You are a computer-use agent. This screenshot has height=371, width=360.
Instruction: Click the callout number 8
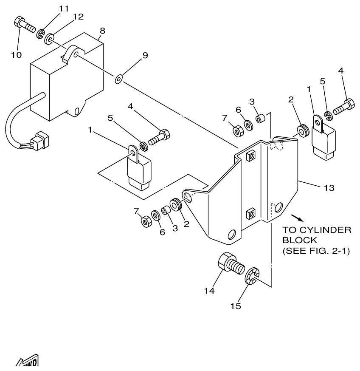(102, 31)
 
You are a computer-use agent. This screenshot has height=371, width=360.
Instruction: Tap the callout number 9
(145, 56)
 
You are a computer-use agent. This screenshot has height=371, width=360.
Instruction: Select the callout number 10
(16, 55)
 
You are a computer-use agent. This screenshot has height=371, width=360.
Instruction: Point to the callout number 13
(329, 187)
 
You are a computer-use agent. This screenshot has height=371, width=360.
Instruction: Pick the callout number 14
(209, 291)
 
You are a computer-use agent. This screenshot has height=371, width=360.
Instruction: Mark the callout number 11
(64, 9)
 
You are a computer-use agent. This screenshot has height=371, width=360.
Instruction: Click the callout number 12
(78, 17)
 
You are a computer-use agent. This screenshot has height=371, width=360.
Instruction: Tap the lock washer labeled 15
(252, 276)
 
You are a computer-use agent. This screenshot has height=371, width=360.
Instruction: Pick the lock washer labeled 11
(41, 34)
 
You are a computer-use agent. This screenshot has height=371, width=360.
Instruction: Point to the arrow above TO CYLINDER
(300, 218)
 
